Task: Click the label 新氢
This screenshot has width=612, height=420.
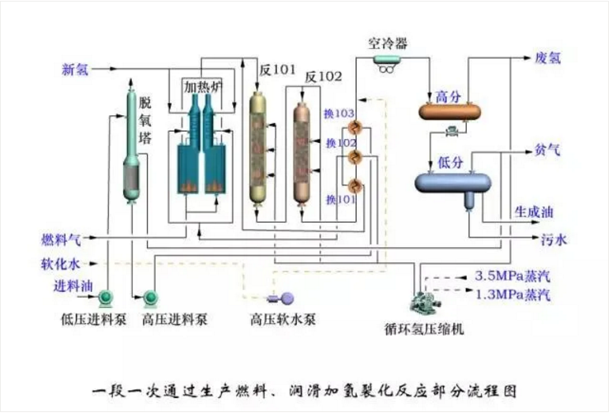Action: coord(76,69)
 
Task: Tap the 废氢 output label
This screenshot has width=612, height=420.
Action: coord(548,59)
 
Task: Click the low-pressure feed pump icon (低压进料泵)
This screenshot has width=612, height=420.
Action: coord(103,298)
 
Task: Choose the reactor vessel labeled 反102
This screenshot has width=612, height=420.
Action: coord(305,150)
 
